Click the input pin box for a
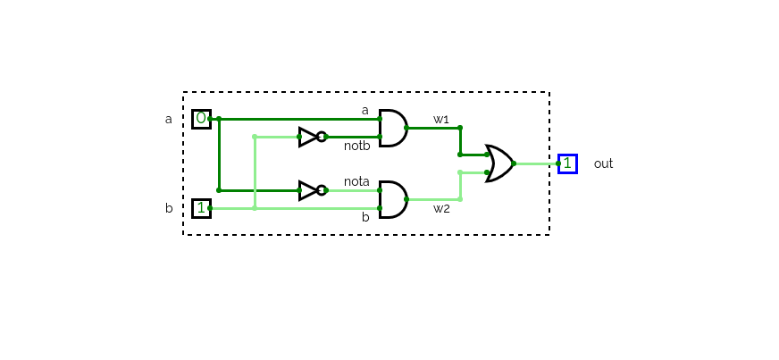pos(201,119)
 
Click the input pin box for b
pos(201,208)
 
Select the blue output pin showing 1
pos(567,163)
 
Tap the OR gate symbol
pos(499,163)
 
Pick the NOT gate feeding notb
pos(309,137)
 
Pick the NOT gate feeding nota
pos(309,190)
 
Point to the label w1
pos(441,119)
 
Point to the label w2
pos(441,209)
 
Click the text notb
pos(356,146)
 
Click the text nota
pos(356,181)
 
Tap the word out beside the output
pos(603,163)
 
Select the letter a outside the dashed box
pos(168,119)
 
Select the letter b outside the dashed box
pos(168,208)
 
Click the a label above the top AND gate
pos(364,110)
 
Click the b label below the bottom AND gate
pos(364,217)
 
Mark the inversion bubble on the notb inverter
pos(322,137)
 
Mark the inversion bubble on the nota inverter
pos(322,190)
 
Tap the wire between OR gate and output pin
pos(536,163)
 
